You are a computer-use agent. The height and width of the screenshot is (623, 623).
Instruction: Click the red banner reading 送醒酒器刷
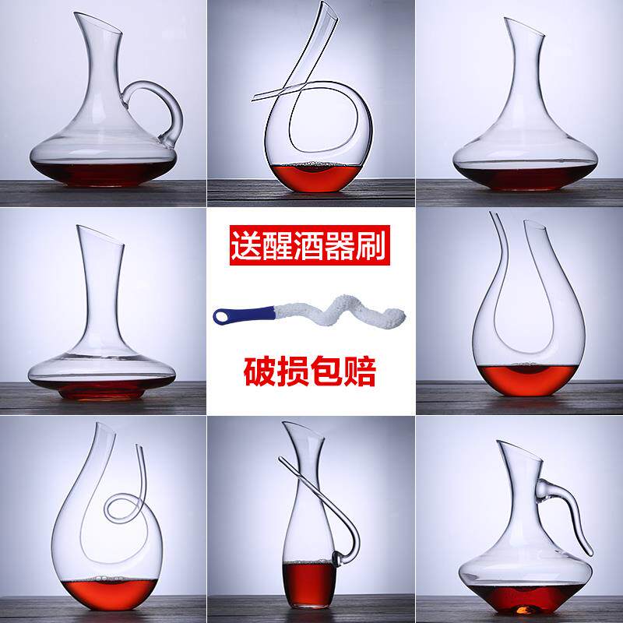tap(311, 248)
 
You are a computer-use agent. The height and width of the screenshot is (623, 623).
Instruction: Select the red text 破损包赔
tap(311, 371)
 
